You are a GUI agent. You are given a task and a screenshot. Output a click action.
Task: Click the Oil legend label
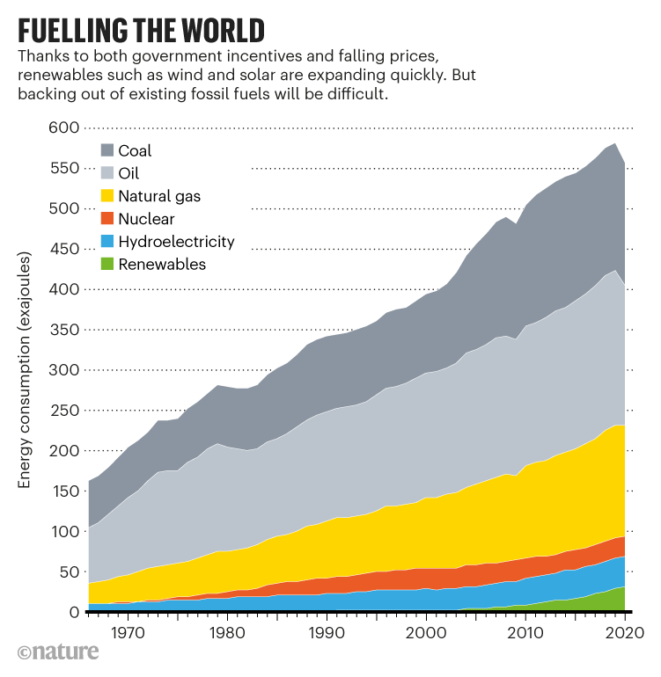[x=128, y=173]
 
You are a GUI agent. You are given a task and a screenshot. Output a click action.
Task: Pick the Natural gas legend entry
[x=158, y=196]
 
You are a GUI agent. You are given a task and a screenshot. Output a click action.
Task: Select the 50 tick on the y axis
[x=68, y=572]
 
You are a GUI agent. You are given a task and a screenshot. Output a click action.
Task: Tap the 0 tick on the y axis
[x=72, y=613]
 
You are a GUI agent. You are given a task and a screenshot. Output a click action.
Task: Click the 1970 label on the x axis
[x=128, y=631]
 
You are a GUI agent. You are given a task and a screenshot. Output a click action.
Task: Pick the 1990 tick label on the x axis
[x=327, y=631]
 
